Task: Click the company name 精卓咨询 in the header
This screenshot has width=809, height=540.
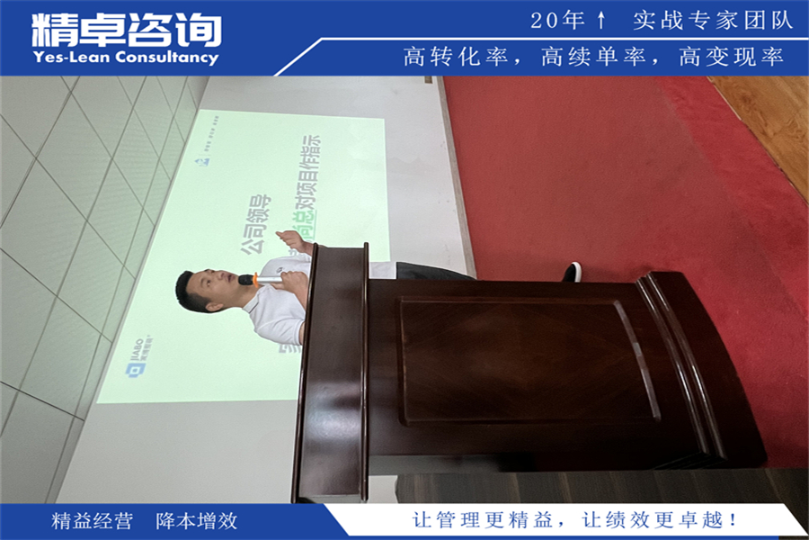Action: [126, 30]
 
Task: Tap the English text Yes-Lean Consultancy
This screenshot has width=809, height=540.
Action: [125, 58]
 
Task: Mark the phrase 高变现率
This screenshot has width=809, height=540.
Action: [732, 57]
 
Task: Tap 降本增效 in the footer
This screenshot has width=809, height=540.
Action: [197, 521]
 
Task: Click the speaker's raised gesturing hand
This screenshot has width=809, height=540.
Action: [292, 241]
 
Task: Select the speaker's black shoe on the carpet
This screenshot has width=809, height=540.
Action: [572, 271]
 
